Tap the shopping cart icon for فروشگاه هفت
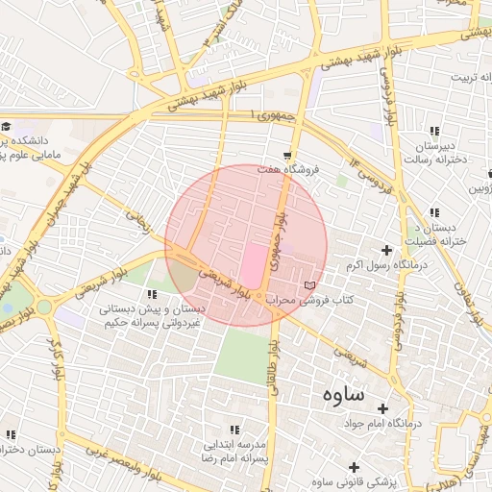[x=288, y=155]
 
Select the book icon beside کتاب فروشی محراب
[x=308, y=285]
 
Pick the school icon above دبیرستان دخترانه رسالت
[x=435, y=130]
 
